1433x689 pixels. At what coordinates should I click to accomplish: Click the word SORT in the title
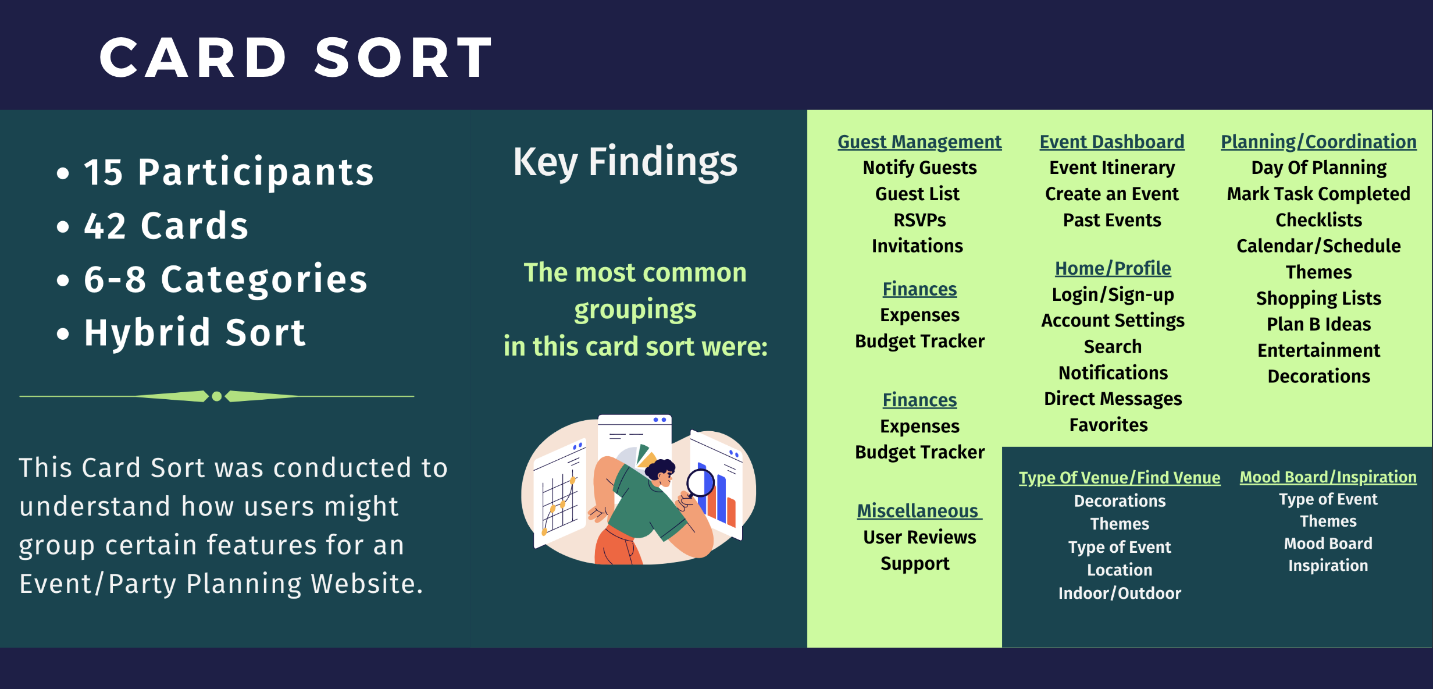click(403, 58)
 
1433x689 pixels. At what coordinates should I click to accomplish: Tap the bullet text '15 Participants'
click(229, 172)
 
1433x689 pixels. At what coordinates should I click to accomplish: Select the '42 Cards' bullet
click(166, 226)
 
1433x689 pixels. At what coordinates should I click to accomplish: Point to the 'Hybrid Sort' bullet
click(194, 333)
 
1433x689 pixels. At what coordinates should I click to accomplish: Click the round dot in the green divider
click(217, 396)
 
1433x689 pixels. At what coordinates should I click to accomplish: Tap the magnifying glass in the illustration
click(700, 482)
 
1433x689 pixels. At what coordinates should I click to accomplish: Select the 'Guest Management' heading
click(919, 142)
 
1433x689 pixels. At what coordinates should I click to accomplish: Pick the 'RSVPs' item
click(919, 220)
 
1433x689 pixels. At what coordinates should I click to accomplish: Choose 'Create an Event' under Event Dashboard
click(1111, 194)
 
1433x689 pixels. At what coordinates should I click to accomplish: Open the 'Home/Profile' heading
click(1113, 268)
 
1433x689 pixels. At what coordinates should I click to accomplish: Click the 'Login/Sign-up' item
click(1113, 294)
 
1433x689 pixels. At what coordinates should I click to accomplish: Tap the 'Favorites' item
click(1108, 425)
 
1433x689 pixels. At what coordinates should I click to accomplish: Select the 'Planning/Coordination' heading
click(1318, 142)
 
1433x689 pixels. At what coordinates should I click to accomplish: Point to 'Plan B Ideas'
click(1318, 324)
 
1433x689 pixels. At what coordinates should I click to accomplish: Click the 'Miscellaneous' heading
click(918, 511)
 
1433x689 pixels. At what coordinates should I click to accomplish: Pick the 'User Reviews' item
click(919, 537)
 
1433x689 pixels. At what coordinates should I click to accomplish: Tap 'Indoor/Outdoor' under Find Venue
click(1120, 593)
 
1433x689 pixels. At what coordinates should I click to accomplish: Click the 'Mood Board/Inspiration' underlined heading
click(1328, 477)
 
